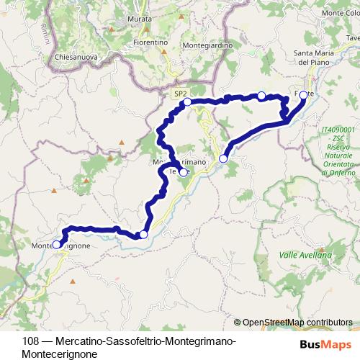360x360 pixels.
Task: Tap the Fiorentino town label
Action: coord(150,42)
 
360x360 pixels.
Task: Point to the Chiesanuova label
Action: coord(71,56)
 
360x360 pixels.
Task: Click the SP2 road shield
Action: coord(180,93)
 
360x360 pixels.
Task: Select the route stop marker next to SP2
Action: coord(187,103)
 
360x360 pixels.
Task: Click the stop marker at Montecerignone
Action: coord(57,245)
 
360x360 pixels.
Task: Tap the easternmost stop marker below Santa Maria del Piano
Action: coord(303,95)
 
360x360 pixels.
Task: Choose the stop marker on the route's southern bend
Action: coord(143,235)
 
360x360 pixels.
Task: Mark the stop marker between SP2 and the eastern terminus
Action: coord(261,96)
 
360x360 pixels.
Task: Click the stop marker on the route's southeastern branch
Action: coord(223,158)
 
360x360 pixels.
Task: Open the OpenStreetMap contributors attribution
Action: coord(297,323)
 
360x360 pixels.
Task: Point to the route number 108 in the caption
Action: coord(30,341)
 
